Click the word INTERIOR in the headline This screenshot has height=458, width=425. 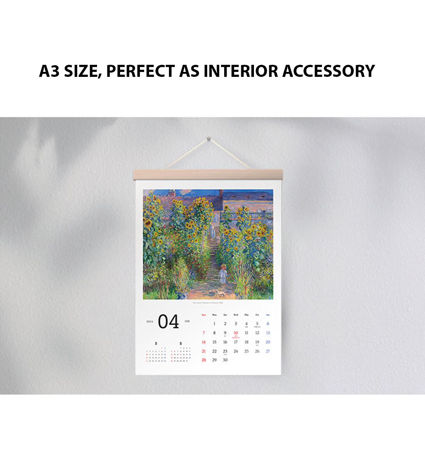[x=241, y=71]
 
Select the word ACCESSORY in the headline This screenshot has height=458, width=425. [x=328, y=71]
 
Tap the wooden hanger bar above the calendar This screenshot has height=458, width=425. [x=208, y=175]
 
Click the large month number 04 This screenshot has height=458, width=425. [x=168, y=322]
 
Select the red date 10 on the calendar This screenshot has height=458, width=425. [x=236, y=333]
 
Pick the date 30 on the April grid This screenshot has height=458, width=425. [x=225, y=360]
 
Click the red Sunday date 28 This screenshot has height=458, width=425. [x=204, y=360]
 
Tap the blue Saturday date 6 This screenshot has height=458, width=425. [x=268, y=323]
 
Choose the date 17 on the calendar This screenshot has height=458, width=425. [x=236, y=342]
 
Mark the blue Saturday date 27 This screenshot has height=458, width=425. [x=268, y=351]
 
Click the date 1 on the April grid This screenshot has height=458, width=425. [x=214, y=323]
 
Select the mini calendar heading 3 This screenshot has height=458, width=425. [x=155, y=343]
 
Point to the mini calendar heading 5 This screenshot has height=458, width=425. [x=181, y=343]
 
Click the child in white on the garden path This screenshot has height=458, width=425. [x=223, y=274]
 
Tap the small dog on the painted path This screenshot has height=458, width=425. [x=219, y=293]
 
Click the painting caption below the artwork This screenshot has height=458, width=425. [x=208, y=303]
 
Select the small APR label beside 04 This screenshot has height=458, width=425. [x=187, y=321]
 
